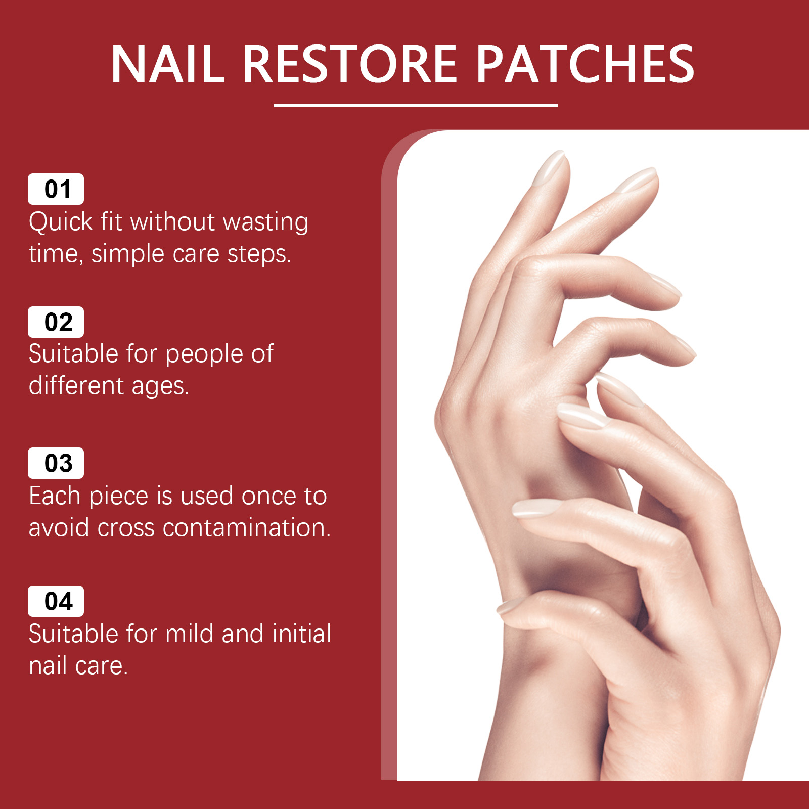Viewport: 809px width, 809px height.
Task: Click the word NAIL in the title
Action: tap(168, 64)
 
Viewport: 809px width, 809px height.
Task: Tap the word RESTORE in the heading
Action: tap(350, 64)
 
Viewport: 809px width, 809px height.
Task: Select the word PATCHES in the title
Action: tap(586, 64)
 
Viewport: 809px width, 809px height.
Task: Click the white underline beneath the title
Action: tap(415, 106)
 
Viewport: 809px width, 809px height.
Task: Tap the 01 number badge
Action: tap(56, 189)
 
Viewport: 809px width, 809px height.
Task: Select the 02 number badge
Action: tap(56, 322)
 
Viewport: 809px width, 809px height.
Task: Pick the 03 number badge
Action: tap(56, 463)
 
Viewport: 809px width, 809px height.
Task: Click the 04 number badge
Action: tap(56, 601)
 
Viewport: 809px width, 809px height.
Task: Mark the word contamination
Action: tap(247, 528)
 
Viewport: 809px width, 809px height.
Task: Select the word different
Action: tap(76, 386)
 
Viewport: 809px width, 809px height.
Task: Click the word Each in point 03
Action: tap(55, 496)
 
